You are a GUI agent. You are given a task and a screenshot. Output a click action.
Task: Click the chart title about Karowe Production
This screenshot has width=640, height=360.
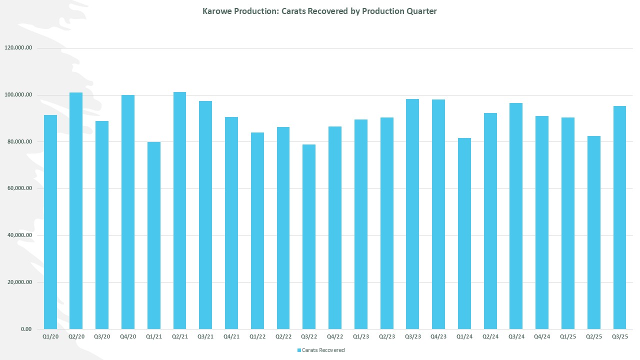pos(319,11)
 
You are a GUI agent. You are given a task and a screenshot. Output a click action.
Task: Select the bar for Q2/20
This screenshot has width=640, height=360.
pos(76,210)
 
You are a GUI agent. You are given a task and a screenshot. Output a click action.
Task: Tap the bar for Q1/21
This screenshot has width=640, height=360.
pos(154,235)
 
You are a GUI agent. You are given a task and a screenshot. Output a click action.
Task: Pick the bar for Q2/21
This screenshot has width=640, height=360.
pos(180,210)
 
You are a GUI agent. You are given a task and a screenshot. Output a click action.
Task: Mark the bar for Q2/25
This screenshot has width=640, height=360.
pos(594,232)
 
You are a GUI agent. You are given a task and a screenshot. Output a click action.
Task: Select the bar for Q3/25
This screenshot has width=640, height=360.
pos(619,217)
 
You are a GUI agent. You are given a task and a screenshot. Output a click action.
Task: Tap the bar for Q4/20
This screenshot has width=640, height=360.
pos(128,212)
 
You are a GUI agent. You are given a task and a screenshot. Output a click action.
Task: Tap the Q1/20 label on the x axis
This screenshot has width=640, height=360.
pos(50,337)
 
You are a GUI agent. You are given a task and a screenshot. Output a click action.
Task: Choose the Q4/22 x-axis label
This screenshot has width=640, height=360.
pos(335,337)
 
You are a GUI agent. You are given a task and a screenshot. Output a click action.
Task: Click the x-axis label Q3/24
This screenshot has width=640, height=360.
pos(516,337)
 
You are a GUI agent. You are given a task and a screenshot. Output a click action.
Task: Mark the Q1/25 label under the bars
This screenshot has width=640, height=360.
pos(568,337)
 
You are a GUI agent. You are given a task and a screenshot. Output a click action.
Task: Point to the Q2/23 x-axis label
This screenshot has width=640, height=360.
pos(387,337)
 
